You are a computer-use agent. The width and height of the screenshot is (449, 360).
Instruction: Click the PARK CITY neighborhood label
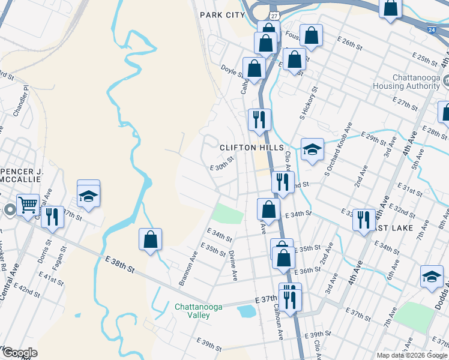coord(223,14)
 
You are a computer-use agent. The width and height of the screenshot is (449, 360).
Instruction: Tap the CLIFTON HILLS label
coord(251,147)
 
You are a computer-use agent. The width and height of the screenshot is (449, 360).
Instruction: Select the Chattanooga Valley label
coord(198,311)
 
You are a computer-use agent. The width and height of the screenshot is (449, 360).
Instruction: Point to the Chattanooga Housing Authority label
coord(416,82)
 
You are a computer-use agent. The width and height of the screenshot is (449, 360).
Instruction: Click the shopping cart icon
coord(28,205)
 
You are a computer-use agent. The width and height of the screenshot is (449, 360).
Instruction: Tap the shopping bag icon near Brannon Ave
coord(150,239)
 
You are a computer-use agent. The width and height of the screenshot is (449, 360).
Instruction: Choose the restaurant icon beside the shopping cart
coord(53,217)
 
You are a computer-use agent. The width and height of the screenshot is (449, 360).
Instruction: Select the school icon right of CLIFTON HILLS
coord(312,150)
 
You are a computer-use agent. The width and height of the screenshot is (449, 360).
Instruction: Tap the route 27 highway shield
coord(274,13)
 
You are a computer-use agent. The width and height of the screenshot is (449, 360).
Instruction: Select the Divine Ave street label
coord(233,263)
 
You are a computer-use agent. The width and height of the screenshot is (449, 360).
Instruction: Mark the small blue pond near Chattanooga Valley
coord(246,311)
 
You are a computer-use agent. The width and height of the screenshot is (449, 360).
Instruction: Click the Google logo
coord(19,352)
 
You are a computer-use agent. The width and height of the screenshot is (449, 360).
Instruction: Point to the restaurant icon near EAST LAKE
coord(363,220)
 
